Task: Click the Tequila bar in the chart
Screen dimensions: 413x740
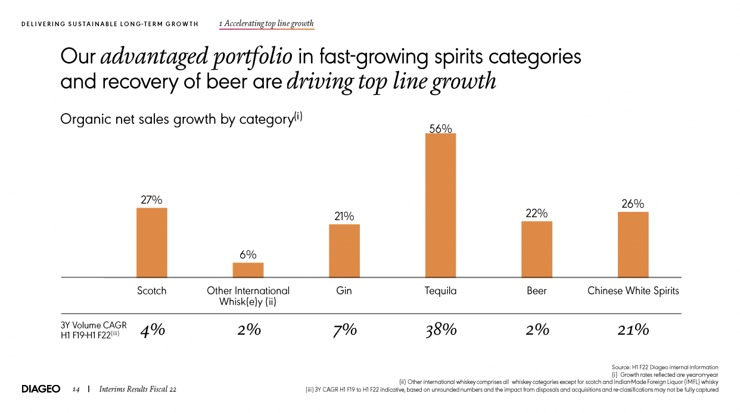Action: coord(440,205)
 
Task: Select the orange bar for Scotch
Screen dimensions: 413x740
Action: coord(152,242)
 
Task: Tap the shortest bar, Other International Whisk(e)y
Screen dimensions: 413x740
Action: coord(248,270)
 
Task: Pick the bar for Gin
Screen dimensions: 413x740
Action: coord(344,251)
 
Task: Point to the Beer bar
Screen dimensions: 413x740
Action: coord(537,249)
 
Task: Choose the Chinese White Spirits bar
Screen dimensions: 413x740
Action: coord(633,244)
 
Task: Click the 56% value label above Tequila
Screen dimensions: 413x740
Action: coord(440,128)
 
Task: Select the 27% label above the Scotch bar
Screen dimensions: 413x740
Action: coord(151,201)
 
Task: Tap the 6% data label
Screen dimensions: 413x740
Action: coord(248,255)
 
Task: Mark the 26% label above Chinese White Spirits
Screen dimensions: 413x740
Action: coord(633,204)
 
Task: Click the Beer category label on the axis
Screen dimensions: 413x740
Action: coord(537,291)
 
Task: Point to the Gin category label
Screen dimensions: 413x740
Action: coord(344,291)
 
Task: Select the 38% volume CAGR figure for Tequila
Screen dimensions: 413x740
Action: coord(441,330)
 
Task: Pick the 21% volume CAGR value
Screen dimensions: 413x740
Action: coord(633,330)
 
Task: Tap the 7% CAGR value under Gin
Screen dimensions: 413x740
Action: coord(344,330)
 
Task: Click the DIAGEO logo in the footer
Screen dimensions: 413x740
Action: coord(41,389)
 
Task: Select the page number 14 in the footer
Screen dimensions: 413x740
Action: coord(76,389)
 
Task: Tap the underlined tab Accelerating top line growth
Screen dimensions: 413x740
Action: coord(266,24)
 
